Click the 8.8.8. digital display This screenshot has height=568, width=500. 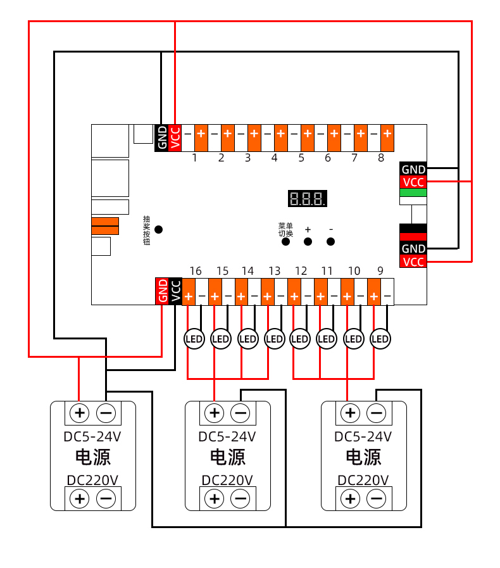(x=308, y=199)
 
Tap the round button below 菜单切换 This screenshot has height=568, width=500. (x=285, y=241)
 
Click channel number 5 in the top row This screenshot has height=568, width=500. (x=301, y=158)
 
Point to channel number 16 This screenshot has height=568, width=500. (x=196, y=271)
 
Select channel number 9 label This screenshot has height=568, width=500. (x=380, y=271)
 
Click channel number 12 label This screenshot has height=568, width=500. (x=301, y=271)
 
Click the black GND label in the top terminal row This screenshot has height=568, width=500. (x=162, y=137)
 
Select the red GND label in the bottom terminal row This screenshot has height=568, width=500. (x=162, y=291)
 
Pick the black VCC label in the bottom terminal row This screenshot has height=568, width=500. (x=175, y=291)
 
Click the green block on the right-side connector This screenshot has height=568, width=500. (x=413, y=192)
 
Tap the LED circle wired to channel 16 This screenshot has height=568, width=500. (x=194, y=339)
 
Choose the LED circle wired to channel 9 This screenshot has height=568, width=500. (x=380, y=339)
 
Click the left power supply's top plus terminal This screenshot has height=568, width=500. (x=80, y=413)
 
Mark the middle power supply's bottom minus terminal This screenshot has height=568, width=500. (x=241, y=499)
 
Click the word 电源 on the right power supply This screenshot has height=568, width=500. (x=363, y=457)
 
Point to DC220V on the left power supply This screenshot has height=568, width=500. (x=93, y=479)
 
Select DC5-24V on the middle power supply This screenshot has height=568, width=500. (x=227, y=436)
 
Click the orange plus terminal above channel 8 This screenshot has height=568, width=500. (x=387, y=134)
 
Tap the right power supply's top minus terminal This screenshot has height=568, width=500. (x=376, y=413)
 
